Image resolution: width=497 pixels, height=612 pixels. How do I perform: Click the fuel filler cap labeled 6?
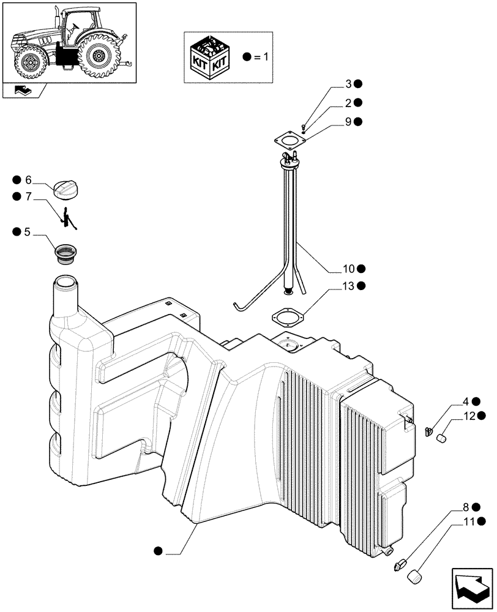pyautogui.click(x=67, y=189)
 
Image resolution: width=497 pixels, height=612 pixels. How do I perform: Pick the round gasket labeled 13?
pyautogui.click(x=287, y=318)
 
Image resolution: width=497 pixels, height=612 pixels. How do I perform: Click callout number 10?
pyautogui.click(x=348, y=269)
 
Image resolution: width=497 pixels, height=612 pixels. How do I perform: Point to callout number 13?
pyautogui.click(x=348, y=286)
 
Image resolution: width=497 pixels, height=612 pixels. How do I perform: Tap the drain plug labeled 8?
pyautogui.click(x=400, y=564)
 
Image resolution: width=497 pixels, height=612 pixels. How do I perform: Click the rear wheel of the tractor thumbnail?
pyautogui.click(x=97, y=56)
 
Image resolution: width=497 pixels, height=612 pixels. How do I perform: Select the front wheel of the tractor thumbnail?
pyautogui.click(x=29, y=63)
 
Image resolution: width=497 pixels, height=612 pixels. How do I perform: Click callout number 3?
pyautogui.click(x=348, y=84)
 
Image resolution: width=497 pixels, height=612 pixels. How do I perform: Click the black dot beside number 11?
pyautogui.click(x=483, y=522)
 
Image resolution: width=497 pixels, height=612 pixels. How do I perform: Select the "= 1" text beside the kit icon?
pyautogui.click(x=261, y=57)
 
